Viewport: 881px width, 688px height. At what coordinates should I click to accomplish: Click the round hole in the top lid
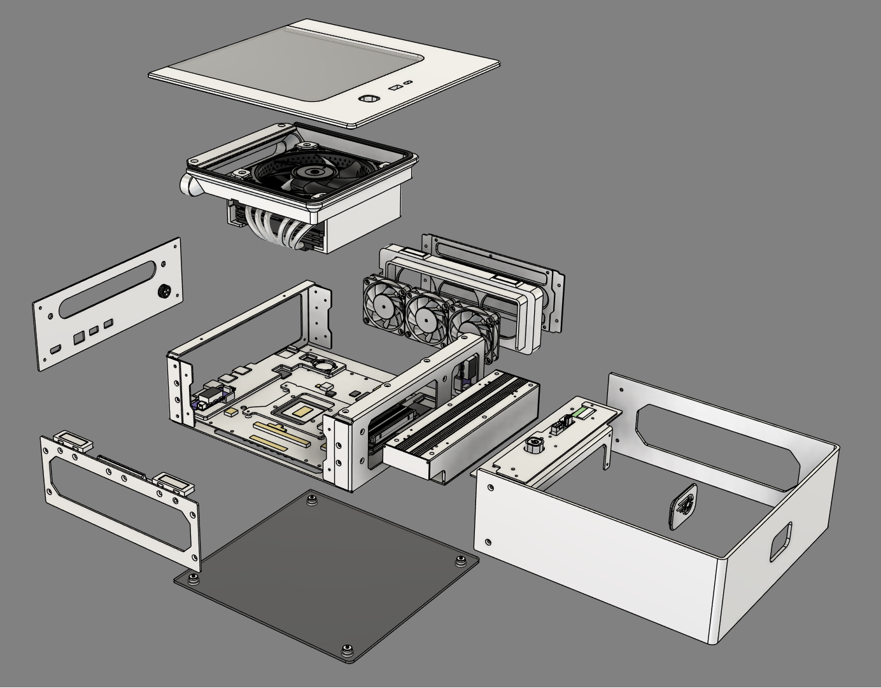369,99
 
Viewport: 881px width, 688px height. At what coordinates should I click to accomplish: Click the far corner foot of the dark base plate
311,497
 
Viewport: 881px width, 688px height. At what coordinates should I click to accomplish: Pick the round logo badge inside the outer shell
683,505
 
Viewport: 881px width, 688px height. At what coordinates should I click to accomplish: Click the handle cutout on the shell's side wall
781,541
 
